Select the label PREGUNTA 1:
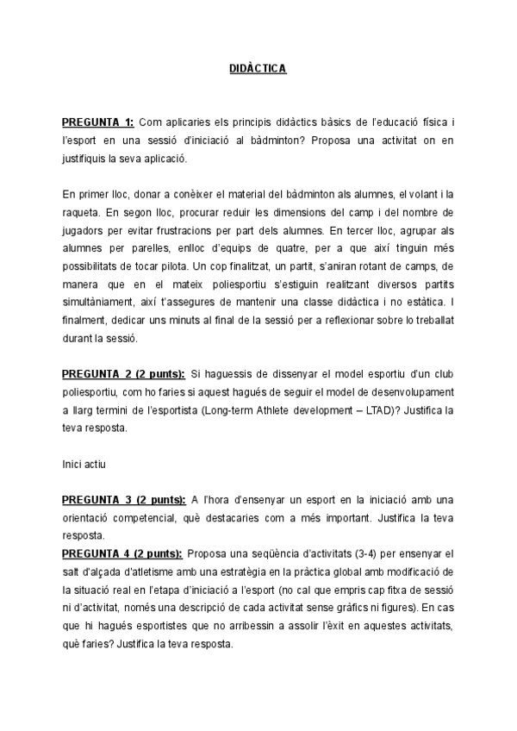pos(97,122)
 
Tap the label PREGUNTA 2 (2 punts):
pos(123,374)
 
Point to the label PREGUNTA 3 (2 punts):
pos(123,500)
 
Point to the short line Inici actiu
pos(84,465)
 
